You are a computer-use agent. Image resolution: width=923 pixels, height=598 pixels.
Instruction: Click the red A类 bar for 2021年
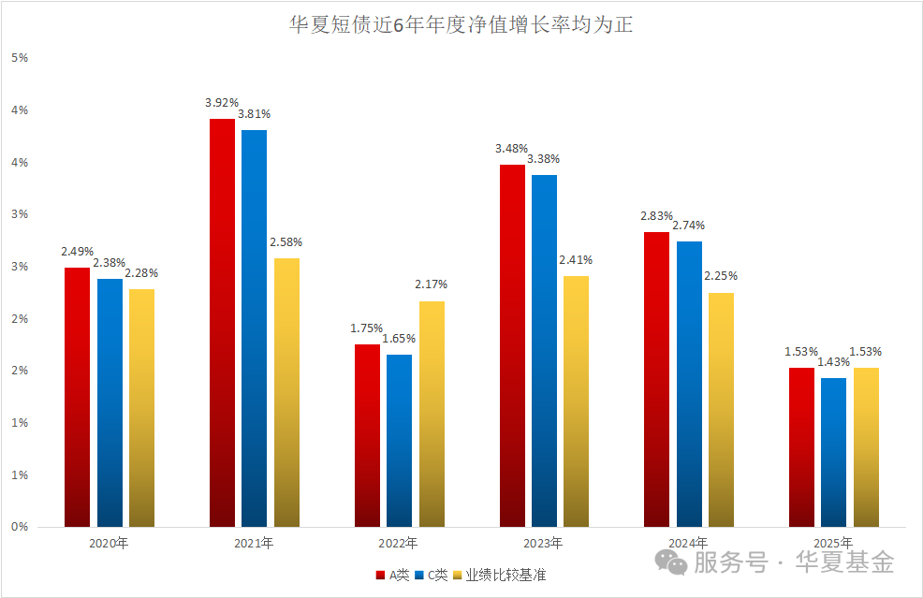pyautogui.click(x=222, y=323)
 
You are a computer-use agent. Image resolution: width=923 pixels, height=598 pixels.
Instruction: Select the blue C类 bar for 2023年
pyautogui.click(x=544, y=351)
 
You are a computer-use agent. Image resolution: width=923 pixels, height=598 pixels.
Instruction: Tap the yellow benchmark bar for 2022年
pyautogui.click(x=432, y=414)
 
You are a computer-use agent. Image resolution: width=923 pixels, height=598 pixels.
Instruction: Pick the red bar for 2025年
pyautogui.click(x=801, y=447)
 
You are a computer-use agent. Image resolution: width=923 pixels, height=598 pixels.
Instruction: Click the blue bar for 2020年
pyautogui.click(x=110, y=402)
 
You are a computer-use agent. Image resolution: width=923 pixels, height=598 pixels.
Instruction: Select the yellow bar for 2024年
pyautogui.click(x=721, y=410)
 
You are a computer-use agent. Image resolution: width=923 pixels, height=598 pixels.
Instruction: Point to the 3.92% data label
pyautogui.click(x=223, y=102)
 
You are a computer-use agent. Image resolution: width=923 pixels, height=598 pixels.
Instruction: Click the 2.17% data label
pyautogui.click(x=432, y=284)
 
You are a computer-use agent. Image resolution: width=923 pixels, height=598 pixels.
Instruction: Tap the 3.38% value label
pyautogui.click(x=545, y=158)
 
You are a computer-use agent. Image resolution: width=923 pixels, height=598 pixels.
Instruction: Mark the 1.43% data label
pyautogui.click(x=833, y=361)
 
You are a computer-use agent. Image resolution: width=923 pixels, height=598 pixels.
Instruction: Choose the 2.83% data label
pyautogui.click(x=657, y=215)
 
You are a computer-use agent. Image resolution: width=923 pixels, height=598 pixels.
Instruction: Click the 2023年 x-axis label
pyautogui.click(x=543, y=543)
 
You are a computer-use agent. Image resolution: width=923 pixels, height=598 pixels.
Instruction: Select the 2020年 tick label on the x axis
pyautogui.click(x=109, y=543)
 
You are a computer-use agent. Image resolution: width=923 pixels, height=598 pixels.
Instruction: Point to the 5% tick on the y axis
pyautogui.click(x=20, y=58)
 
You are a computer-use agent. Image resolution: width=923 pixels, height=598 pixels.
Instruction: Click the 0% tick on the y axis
pyautogui.click(x=20, y=527)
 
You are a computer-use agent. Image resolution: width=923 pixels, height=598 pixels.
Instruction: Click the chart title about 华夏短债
pyautogui.click(x=461, y=25)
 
